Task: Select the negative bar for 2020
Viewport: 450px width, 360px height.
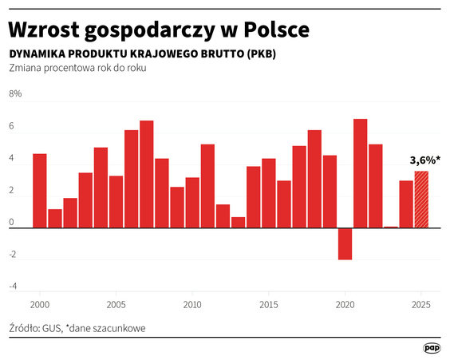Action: click(345, 243)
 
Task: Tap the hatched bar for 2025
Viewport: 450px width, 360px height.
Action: click(420, 200)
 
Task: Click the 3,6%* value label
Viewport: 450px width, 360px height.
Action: click(424, 160)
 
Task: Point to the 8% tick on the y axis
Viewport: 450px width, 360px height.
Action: click(15, 94)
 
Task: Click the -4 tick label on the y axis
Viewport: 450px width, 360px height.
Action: click(13, 286)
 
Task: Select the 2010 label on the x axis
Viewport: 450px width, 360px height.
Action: click(191, 305)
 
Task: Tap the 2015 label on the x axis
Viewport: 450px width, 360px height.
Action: click(268, 305)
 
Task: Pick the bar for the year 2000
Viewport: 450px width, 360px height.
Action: click(39, 191)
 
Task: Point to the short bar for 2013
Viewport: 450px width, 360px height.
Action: click(238, 222)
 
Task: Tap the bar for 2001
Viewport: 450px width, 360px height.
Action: click(54, 218)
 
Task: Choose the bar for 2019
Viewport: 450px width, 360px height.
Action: click(330, 192)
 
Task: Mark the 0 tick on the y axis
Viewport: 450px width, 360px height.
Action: click(11, 223)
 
